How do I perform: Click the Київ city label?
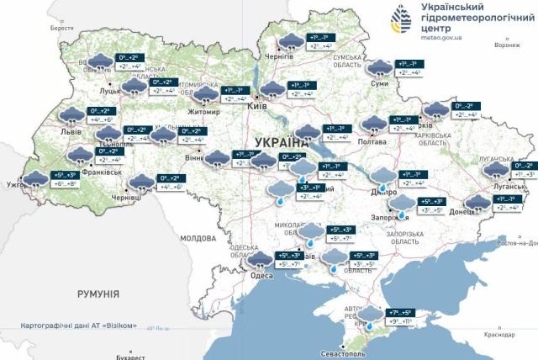pyautogui.click(x=257, y=107)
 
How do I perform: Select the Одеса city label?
pyautogui.click(x=261, y=273)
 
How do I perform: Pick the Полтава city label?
pyautogui.click(x=372, y=141)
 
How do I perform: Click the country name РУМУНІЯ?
pyautogui.click(x=98, y=294)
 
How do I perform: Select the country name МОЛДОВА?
pyautogui.click(x=198, y=238)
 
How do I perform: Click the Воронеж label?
pyautogui.click(x=509, y=45)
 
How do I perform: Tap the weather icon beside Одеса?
pyautogui.click(x=262, y=258)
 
